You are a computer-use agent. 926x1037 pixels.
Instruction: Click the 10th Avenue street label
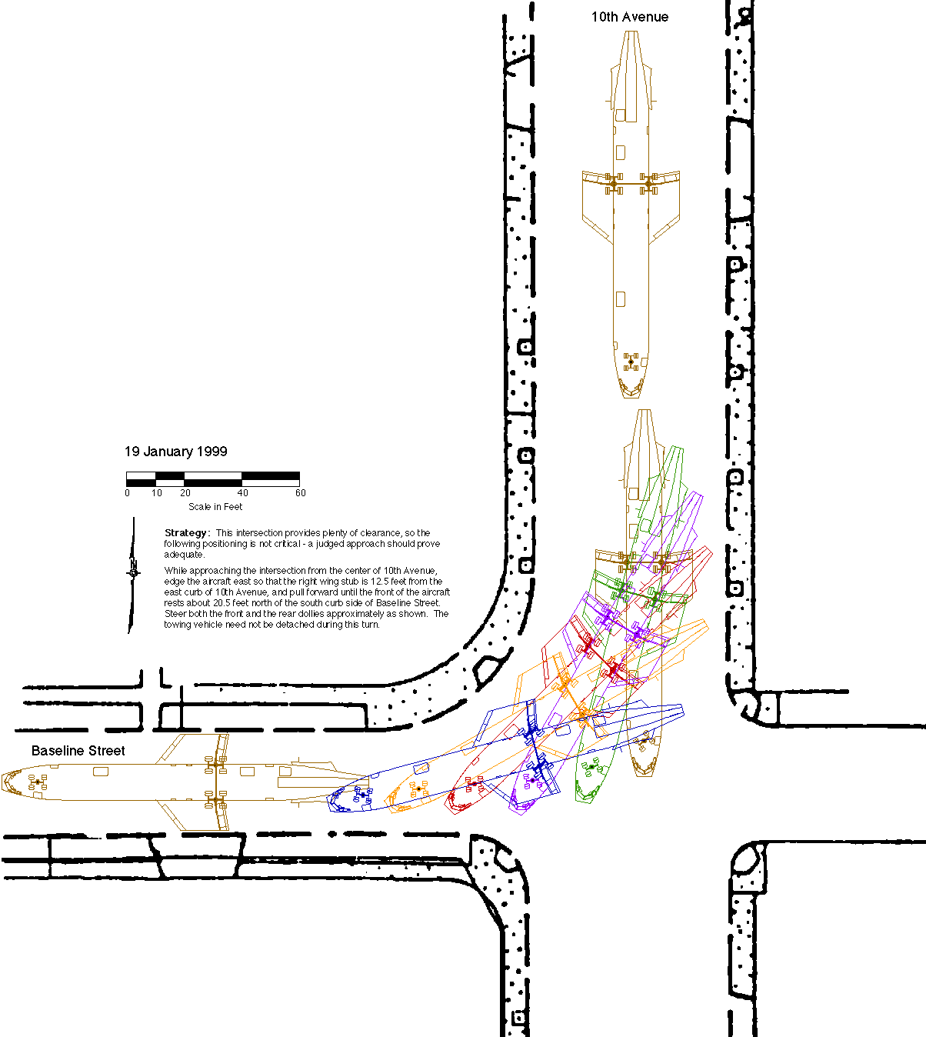coord(629,17)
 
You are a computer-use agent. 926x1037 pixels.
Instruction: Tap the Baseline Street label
coord(78,751)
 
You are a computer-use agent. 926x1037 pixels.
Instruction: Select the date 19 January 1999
coord(176,452)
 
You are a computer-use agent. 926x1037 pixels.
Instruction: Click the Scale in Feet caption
coord(215,507)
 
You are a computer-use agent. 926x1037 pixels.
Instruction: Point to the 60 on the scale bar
coord(300,493)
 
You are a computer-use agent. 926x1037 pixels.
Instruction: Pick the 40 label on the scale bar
coord(242,493)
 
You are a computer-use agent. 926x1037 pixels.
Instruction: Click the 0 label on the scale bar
coord(128,493)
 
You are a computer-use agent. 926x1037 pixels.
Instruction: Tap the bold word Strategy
coord(186,533)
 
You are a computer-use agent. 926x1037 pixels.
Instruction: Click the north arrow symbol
coord(133,573)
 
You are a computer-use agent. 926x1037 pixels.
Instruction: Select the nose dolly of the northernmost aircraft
coord(631,362)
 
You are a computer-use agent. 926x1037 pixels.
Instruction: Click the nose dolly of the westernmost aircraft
coord(38,782)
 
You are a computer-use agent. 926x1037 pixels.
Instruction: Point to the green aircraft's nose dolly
coord(591,767)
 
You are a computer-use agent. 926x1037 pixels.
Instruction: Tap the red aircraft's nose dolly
coord(472,784)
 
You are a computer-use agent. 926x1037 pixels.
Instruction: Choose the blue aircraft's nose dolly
coord(362,795)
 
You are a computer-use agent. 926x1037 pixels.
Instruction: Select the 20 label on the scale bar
coord(185,493)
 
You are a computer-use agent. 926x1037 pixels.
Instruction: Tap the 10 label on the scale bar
coord(157,493)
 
